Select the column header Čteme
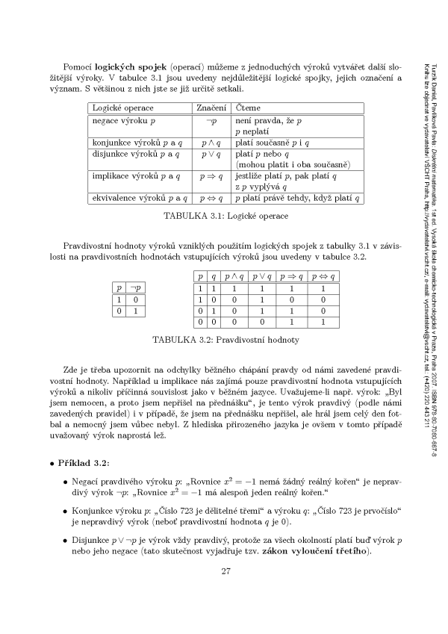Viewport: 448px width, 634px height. [x=248, y=108]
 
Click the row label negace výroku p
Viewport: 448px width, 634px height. [x=124, y=120]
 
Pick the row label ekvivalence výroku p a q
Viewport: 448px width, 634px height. [x=139, y=198]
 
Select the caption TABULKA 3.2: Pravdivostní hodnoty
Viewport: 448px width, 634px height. [x=225, y=339]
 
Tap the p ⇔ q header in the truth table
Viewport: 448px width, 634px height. [x=323, y=276]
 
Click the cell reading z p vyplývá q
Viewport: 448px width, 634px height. [x=264, y=187]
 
